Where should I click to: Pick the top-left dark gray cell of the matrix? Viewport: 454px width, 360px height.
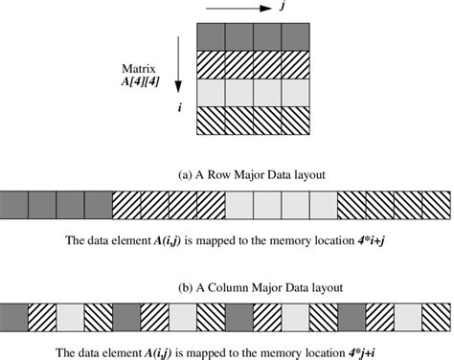pyautogui.click(x=209, y=34)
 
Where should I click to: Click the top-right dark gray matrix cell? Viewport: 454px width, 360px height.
pyautogui.click(x=296, y=34)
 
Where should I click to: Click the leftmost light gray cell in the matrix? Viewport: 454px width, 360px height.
pyautogui.click(x=209, y=92)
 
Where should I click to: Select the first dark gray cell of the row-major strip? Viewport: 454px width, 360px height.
pyautogui.click(x=14, y=204)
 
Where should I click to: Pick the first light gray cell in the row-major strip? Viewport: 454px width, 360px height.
pyautogui.click(x=239, y=204)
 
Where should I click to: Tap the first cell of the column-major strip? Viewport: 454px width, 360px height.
pyautogui.click(x=14, y=316)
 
